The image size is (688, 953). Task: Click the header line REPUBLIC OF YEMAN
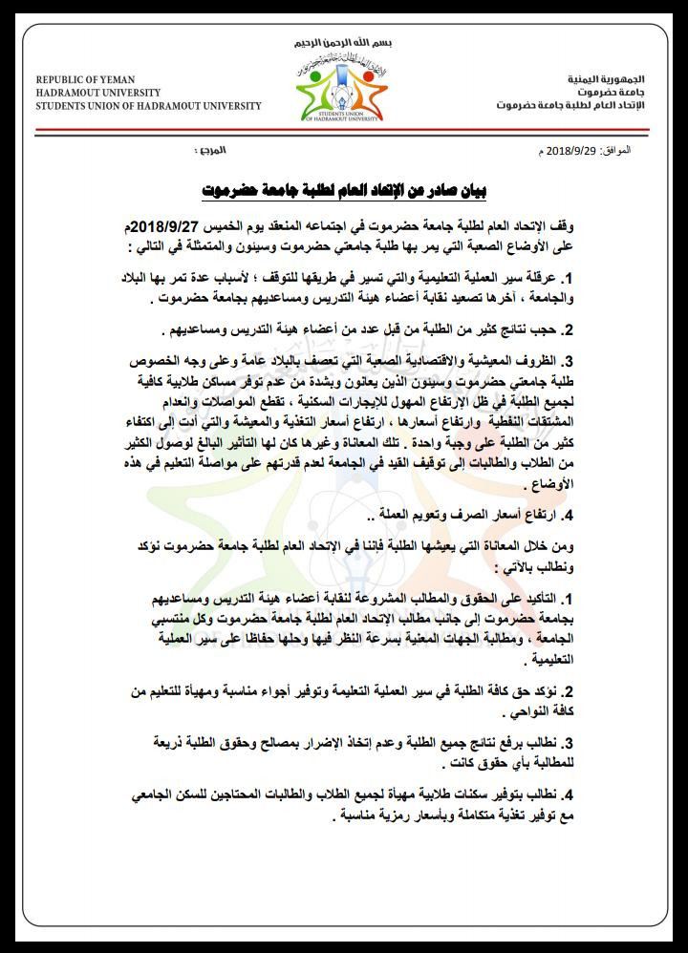[85, 78]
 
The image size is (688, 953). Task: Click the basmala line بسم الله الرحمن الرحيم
[344, 45]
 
